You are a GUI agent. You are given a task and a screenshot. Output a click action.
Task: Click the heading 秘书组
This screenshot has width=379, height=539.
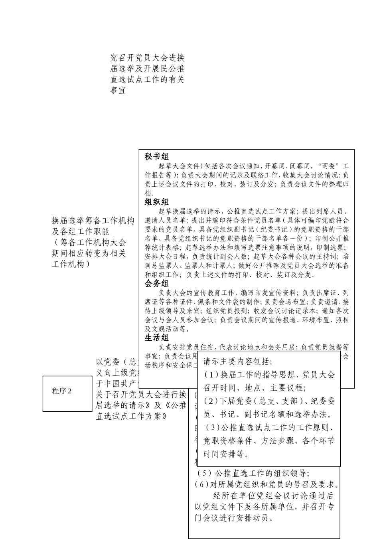pyautogui.click(x=156, y=157)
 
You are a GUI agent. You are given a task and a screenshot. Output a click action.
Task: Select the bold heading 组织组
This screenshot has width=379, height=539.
pyautogui.click(x=156, y=202)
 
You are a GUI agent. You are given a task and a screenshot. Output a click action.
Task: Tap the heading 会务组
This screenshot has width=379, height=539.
pyautogui.click(x=156, y=284)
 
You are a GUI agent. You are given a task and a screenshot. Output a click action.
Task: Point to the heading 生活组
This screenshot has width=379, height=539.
pyautogui.click(x=156, y=338)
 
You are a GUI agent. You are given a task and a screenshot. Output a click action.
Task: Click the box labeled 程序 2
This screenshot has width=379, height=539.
pyautogui.click(x=67, y=391)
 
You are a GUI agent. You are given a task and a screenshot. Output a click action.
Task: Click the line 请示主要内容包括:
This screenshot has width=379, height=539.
pyautogui.click(x=238, y=362)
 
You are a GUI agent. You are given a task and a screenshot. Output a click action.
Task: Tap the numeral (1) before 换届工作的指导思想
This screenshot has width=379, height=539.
pyautogui.click(x=212, y=375)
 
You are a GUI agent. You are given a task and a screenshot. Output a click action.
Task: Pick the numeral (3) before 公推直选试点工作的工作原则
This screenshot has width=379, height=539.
pyautogui.click(x=213, y=428)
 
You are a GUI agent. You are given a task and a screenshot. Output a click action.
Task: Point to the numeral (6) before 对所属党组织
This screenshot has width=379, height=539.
pyautogui.click(x=202, y=485)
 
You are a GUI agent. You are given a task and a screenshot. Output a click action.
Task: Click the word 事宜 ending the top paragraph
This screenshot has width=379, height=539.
pyautogui.click(x=118, y=91)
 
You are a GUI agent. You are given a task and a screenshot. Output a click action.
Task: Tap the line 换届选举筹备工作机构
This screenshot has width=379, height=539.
pyautogui.click(x=93, y=221)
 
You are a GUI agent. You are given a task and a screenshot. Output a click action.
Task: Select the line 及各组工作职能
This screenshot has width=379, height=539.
pyautogui.click(x=80, y=231)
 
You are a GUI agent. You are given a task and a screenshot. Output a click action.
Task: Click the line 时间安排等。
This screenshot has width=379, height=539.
pyautogui.click(x=226, y=454)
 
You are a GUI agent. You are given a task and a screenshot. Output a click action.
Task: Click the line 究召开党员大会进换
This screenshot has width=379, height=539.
pyautogui.click(x=147, y=58)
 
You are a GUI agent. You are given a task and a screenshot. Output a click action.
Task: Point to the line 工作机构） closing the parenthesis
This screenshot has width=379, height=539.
pyautogui.click(x=70, y=264)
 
